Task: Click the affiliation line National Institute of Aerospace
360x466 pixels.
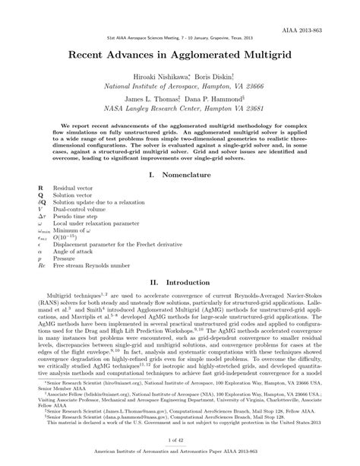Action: tap(179, 88)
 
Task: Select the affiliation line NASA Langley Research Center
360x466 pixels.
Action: tap(179, 109)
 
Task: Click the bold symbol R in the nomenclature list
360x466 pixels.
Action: tap(39, 187)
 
